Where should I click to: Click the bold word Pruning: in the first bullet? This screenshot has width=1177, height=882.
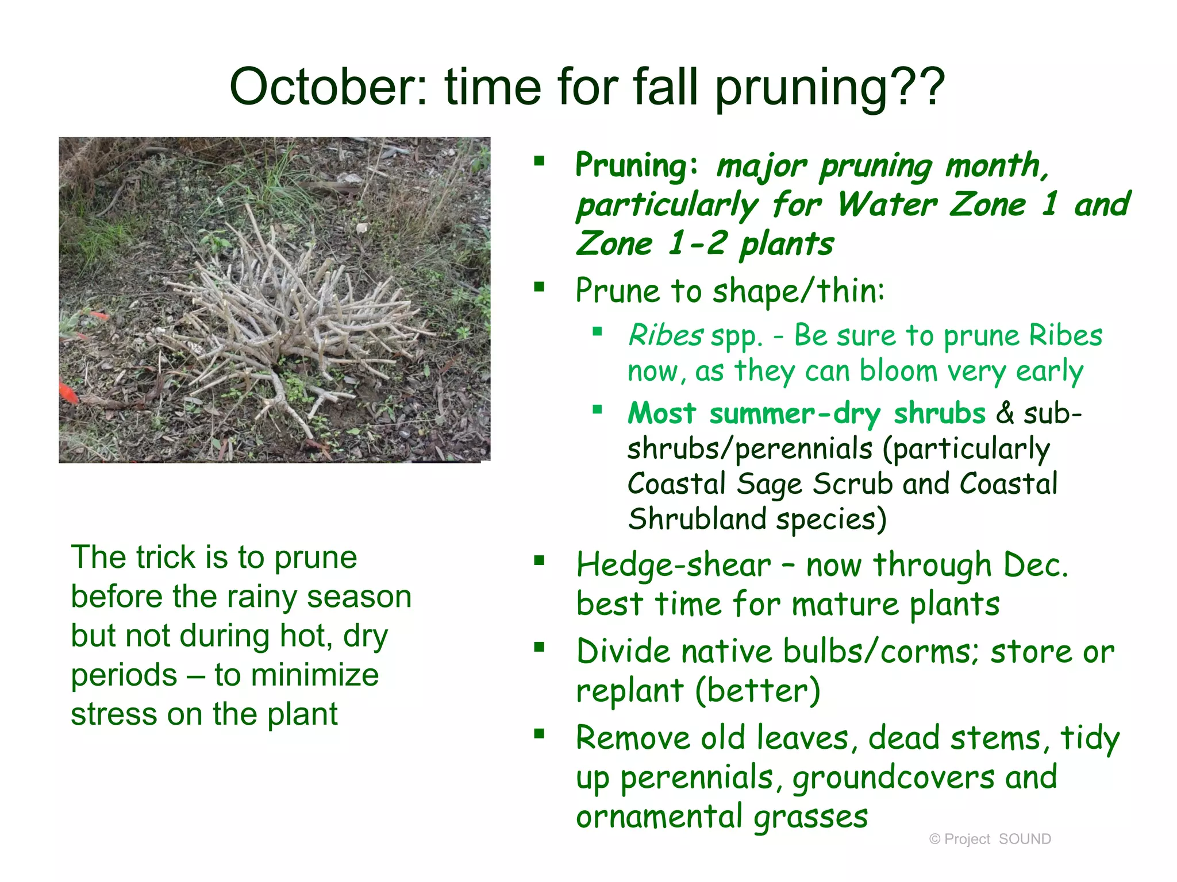(x=637, y=165)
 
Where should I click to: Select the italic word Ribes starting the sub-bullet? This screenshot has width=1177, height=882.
(x=665, y=335)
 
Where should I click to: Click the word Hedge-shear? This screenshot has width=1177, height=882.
(x=674, y=565)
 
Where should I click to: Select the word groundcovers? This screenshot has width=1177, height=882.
(x=893, y=777)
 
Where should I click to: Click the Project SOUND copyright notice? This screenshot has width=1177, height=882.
(x=990, y=839)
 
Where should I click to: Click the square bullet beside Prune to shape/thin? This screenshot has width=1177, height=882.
(x=539, y=287)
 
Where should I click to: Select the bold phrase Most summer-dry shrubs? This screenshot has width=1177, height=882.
(x=806, y=413)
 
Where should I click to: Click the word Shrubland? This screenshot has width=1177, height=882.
(x=697, y=519)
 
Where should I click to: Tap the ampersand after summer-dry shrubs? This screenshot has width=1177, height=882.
(x=1004, y=413)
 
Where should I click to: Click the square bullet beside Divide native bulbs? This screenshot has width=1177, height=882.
(x=539, y=648)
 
